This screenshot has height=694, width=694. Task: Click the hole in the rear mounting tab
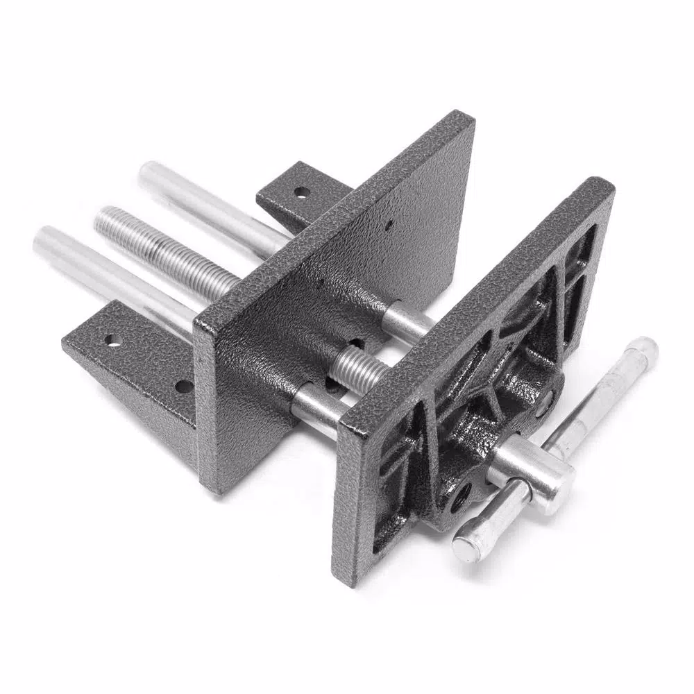click(x=299, y=192)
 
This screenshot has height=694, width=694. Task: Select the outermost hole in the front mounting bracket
click(x=110, y=340)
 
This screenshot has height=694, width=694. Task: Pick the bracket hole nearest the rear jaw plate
click(x=183, y=386)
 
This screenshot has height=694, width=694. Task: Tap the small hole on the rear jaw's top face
click(x=389, y=223)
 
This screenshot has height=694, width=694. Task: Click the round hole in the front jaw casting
click(x=461, y=497)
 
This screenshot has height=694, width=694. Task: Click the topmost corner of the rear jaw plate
click(x=464, y=117)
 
